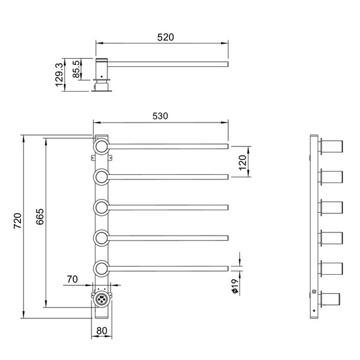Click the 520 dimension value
coord(165,37)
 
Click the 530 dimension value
coord(160,117)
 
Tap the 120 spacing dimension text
coord(242,162)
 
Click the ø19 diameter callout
coord(234,289)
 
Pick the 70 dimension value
coord(73,279)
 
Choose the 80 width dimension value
coord(102,330)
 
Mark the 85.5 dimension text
coord(78,68)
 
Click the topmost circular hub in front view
coord(102,147)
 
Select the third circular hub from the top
coord(102,207)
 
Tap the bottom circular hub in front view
coord(102,268)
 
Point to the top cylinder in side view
coord(332,148)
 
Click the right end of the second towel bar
coord(227,177)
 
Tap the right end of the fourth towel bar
coord(227,237)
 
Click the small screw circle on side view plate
coord(314,291)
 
